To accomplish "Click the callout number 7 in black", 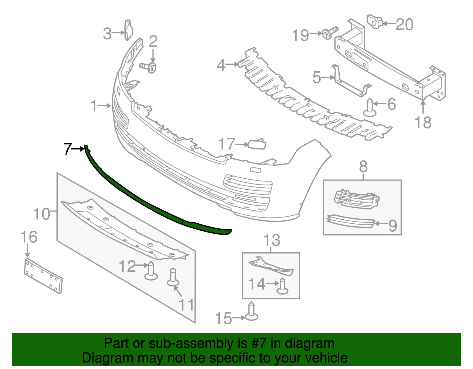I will [x=67, y=149].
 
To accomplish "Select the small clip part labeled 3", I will [x=129, y=30].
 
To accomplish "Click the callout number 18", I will [x=423, y=122].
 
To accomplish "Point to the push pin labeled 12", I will [x=151, y=271].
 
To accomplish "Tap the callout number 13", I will [x=271, y=240].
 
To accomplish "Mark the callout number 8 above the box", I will [x=363, y=167].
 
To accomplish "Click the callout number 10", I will [x=42, y=214].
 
